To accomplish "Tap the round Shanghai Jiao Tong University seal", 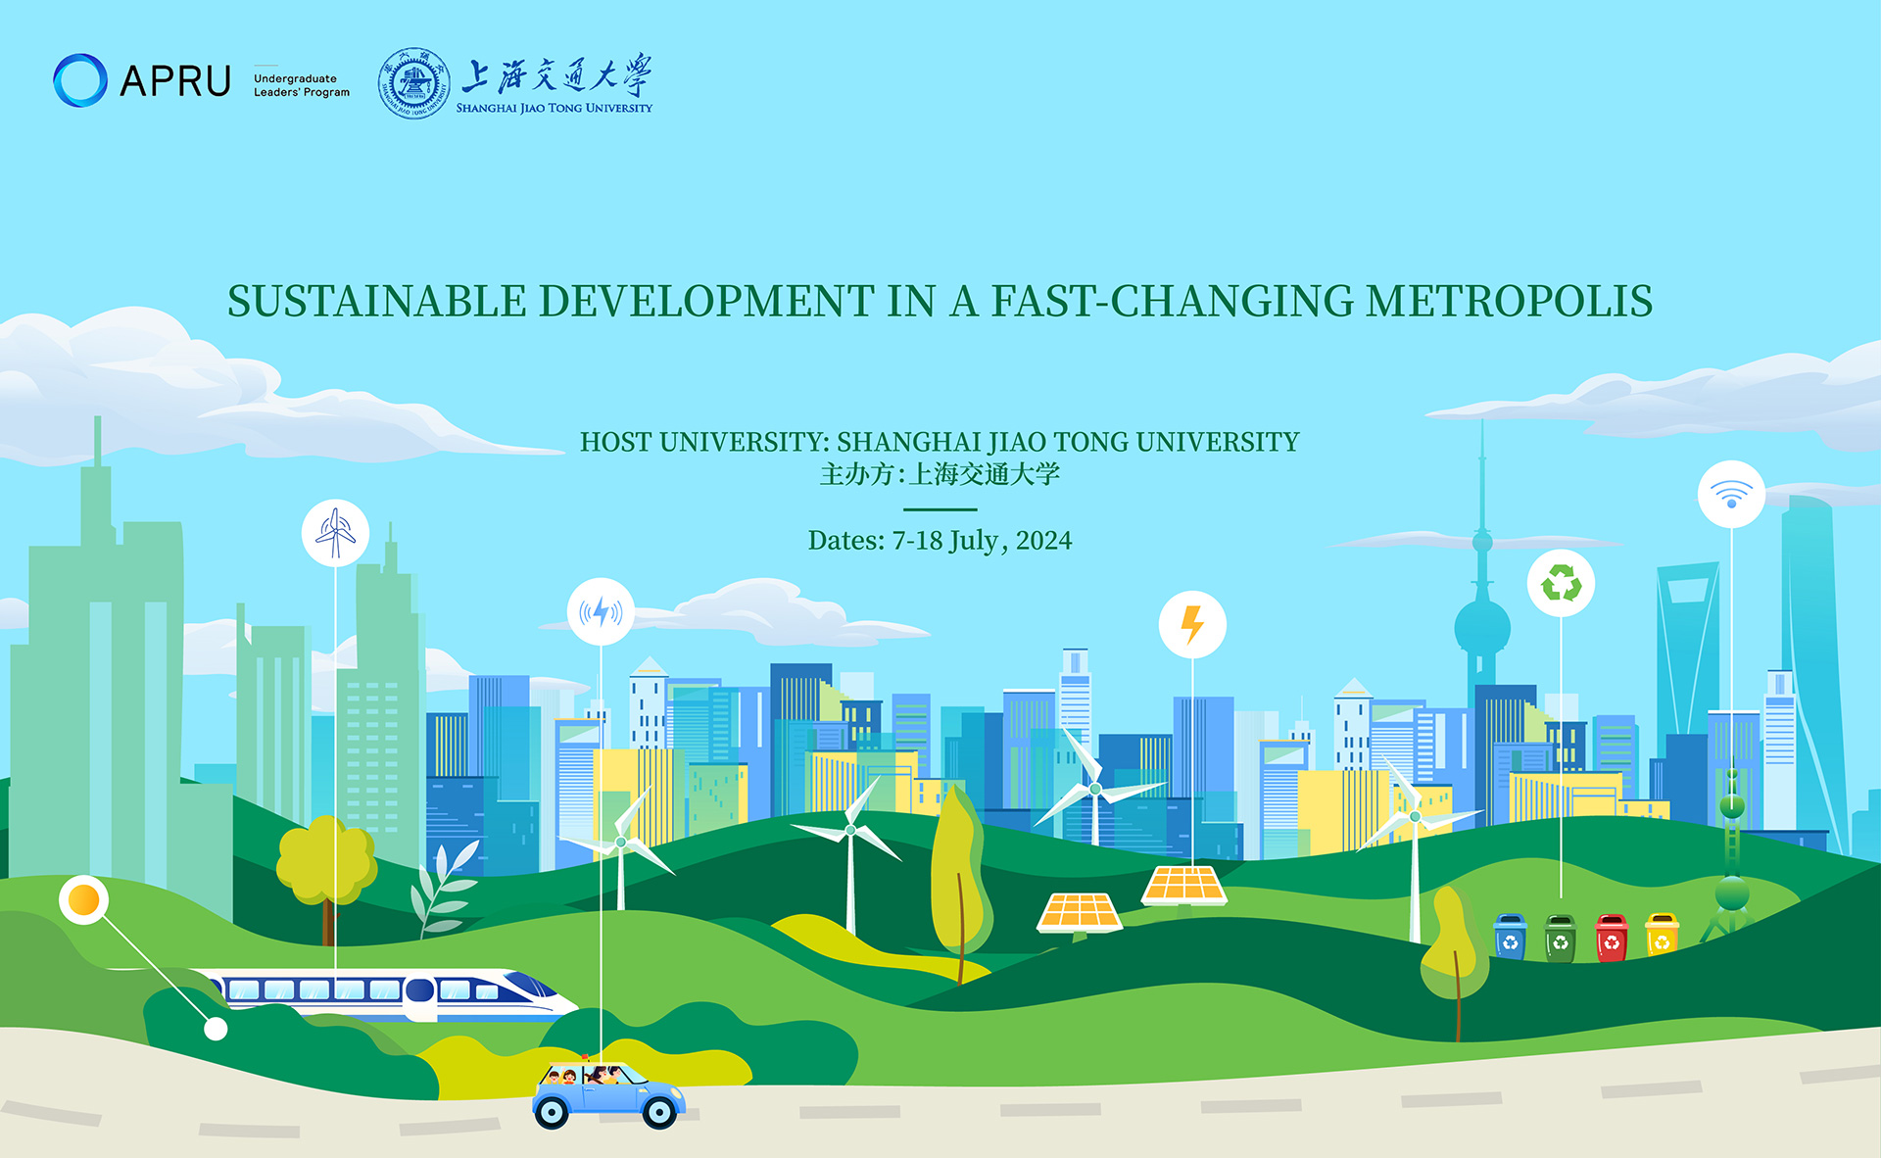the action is coord(415,83).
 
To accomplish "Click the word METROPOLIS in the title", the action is coord(1510,301).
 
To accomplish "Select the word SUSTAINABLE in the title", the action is coord(377,301).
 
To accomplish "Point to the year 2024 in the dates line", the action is coord(1043,541).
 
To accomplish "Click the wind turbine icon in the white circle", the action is coord(335,533).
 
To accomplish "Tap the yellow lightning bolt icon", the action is coord(1192,624).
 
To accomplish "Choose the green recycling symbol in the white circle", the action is coord(1561,584).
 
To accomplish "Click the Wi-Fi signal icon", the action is coord(1731,495).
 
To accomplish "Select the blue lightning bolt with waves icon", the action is coord(601,612).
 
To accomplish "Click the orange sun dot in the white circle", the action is coord(84,899).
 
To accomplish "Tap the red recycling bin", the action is coord(1612,938).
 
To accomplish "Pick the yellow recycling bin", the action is coord(1662,935).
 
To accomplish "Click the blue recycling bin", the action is coord(1510,937).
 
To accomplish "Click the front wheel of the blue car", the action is coord(658,1111).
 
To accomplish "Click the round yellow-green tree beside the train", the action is coord(326,860).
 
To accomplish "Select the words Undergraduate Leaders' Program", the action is coord(302,85).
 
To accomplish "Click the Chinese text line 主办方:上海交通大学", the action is coord(940,474).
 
